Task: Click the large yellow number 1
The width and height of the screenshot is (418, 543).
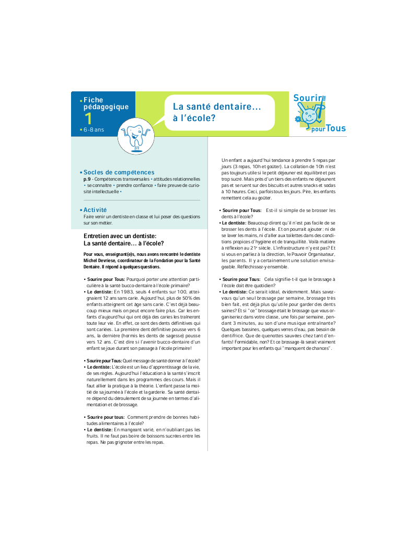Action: [x=89, y=119]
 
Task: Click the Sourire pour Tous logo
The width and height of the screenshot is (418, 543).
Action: [x=318, y=113]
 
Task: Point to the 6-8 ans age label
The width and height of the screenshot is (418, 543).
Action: [x=94, y=129]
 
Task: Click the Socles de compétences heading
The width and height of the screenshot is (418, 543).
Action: [x=119, y=172]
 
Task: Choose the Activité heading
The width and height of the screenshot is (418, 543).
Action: [x=95, y=209]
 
